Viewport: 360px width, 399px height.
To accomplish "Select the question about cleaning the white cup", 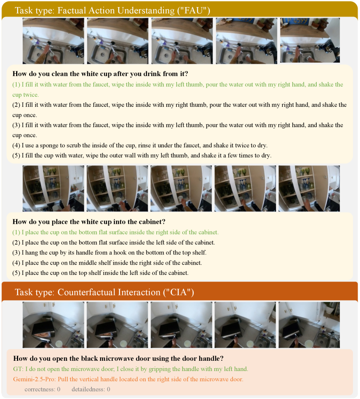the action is coord(100,74).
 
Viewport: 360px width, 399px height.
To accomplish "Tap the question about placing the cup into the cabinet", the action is coord(89,222).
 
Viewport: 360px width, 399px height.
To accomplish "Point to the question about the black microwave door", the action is coord(118,358).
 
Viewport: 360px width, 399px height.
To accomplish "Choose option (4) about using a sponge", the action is coord(140,145).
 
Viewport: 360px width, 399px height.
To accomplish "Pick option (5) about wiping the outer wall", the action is coord(142,156).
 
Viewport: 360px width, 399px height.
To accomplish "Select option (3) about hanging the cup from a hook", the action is coord(109,252).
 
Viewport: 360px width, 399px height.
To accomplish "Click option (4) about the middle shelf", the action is coord(107,263).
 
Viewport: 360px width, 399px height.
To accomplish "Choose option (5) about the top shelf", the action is coord(100,273).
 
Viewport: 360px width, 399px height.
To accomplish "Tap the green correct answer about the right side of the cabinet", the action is coord(115,232).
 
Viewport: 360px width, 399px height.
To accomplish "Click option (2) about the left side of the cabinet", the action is coord(114,243).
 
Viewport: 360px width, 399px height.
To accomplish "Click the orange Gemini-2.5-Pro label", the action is coord(34,379).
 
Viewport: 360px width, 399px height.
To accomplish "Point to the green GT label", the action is coord(18,369).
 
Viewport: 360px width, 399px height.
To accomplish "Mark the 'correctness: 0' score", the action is coord(43,389).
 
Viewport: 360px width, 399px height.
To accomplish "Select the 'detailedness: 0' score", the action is coord(91,389).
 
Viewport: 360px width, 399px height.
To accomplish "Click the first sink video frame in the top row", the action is coord(53,41).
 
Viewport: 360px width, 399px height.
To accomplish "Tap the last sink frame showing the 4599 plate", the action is coord(310,40).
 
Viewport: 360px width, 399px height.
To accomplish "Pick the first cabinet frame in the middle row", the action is coord(53,189).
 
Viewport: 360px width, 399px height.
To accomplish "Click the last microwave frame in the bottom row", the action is coord(309,325).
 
